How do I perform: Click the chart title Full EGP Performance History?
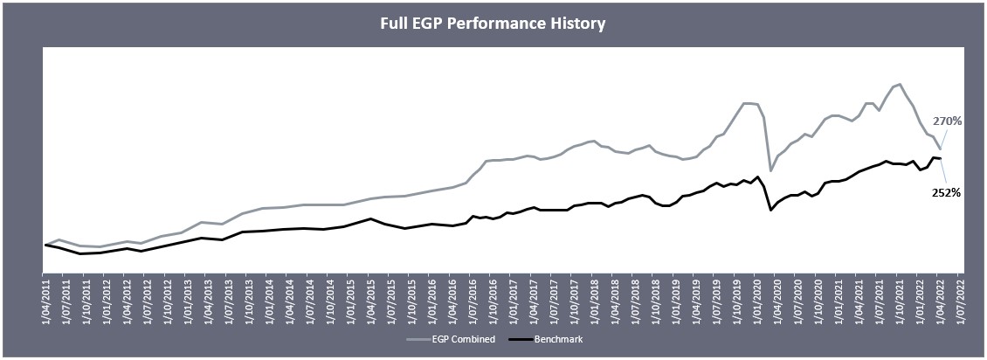coord(493,24)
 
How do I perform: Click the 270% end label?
coord(947,121)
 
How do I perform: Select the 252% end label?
coord(946,192)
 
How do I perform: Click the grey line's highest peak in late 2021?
coord(900,84)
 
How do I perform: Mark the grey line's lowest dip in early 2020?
coord(770,170)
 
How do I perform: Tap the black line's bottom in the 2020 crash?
coord(770,210)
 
